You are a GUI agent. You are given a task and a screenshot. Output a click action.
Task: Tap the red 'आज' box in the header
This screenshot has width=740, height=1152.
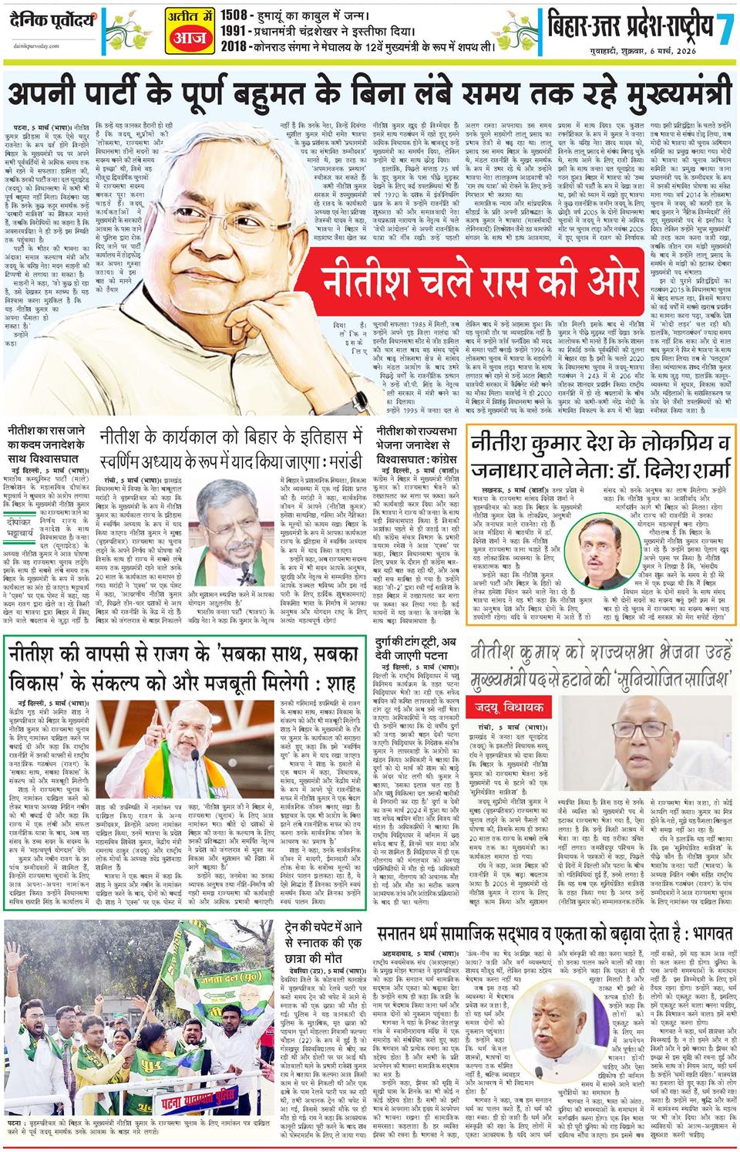click(185, 34)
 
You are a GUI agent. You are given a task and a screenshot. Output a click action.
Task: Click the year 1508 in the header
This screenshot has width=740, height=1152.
click(234, 13)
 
